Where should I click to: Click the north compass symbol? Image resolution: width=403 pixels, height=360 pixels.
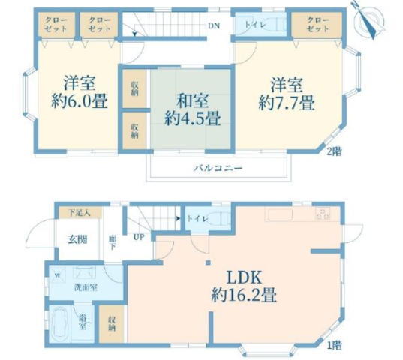point(369,20)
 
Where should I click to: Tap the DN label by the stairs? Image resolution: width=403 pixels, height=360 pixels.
point(214,25)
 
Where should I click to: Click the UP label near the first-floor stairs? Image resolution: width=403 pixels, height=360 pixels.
point(139,237)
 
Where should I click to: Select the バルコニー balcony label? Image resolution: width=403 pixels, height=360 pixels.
point(218,169)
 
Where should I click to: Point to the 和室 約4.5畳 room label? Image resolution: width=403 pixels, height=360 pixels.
point(193,109)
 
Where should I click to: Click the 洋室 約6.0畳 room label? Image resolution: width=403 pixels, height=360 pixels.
point(79,91)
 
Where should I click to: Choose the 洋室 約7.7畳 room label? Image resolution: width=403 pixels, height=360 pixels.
point(287,94)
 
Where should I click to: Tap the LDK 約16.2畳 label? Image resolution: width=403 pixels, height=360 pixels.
point(244,286)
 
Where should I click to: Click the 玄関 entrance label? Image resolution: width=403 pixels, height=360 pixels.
point(77,239)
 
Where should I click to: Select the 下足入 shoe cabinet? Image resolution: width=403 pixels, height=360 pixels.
point(80,213)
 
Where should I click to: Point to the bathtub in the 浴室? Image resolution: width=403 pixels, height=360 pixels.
point(59,322)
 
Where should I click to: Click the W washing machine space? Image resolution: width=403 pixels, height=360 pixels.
point(58,275)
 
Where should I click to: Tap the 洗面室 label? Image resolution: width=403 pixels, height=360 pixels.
point(86,287)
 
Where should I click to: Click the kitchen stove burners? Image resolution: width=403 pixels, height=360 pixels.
point(323,214)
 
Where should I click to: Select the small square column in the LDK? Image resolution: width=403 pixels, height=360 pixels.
point(208,262)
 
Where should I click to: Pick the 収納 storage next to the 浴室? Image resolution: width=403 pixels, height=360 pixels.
point(112,323)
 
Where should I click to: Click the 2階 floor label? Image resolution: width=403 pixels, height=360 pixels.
point(335,151)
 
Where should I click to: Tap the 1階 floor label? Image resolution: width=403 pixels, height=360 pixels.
point(334,345)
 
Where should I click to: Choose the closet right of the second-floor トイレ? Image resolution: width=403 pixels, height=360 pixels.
point(317,25)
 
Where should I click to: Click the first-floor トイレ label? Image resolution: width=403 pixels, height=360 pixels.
point(197,219)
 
